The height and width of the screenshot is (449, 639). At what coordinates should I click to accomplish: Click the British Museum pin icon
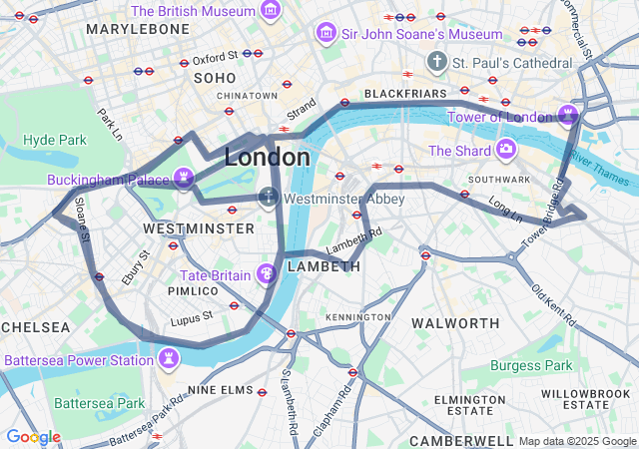tap(270, 11)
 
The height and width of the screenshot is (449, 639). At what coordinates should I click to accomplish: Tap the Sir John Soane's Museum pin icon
tap(325, 34)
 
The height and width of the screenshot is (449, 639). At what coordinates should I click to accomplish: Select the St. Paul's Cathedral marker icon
tap(436, 63)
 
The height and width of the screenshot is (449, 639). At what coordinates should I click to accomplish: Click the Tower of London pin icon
tap(568, 116)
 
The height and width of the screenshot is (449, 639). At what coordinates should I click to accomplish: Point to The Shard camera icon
tap(506, 150)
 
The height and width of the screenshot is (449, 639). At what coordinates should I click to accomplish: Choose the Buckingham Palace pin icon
tap(183, 179)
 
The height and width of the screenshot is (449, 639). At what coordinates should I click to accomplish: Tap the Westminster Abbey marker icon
tap(269, 198)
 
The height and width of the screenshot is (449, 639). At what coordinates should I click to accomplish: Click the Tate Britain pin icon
tap(267, 273)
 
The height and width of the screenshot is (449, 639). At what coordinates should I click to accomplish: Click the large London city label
tap(267, 158)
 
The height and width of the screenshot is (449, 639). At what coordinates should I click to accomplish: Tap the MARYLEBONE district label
tap(138, 30)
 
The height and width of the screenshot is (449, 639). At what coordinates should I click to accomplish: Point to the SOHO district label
tap(215, 78)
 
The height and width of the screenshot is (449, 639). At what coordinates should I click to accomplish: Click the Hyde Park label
tap(55, 140)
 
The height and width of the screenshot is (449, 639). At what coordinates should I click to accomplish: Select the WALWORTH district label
tap(455, 323)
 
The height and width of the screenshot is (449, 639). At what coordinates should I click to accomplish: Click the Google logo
tap(33, 437)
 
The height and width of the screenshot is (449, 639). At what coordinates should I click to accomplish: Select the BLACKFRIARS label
tap(401, 94)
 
